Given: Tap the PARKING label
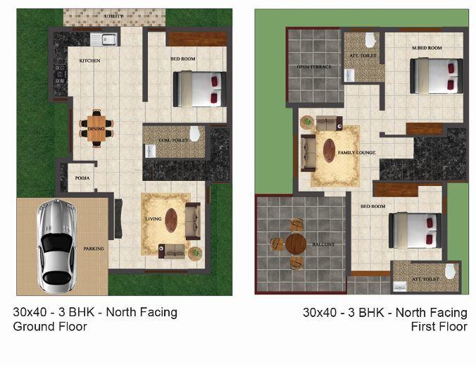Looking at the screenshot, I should (x=94, y=249).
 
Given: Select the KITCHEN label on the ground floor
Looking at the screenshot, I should (x=89, y=61).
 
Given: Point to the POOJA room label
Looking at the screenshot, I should (x=82, y=178).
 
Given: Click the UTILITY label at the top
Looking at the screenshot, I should (x=114, y=15).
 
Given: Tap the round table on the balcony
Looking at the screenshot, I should (x=295, y=244).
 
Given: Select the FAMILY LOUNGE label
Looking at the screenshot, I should (x=356, y=152).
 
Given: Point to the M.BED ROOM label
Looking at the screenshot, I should (x=427, y=48).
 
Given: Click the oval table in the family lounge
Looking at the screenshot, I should (x=330, y=151).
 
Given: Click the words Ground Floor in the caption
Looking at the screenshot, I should (x=50, y=327).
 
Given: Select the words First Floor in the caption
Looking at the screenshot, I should (x=439, y=327).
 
